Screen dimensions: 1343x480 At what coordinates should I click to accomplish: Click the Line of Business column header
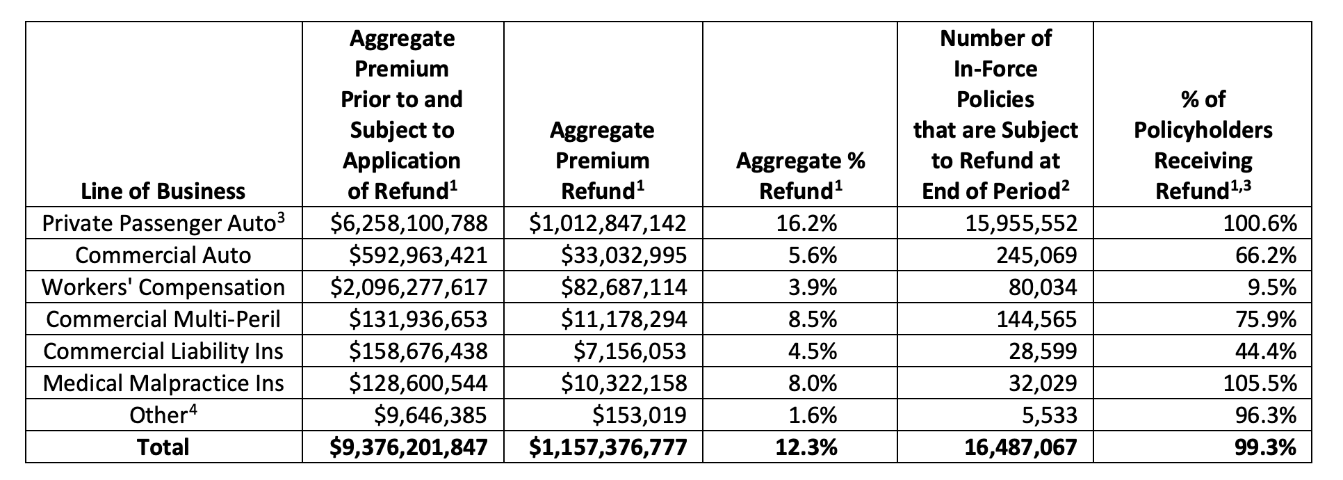pyautogui.click(x=163, y=191)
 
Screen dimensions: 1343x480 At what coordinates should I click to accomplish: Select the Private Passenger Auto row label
pyautogui.click(x=163, y=223)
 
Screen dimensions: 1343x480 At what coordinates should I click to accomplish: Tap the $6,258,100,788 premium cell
pyautogui.click(x=409, y=223)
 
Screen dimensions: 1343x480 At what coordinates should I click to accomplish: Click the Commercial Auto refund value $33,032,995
pyautogui.click(x=624, y=255)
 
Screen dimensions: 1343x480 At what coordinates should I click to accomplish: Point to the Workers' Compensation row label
pyautogui.click(x=163, y=287)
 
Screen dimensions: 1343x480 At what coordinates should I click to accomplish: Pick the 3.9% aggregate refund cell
pyautogui.click(x=813, y=287)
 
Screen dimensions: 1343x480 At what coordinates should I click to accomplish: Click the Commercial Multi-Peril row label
pyautogui.click(x=163, y=319)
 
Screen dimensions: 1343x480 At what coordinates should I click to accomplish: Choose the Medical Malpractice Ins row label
pyautogui.click(x=163, y=383)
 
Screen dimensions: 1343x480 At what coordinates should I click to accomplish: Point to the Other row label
pyautogui.click(x=158, y=415)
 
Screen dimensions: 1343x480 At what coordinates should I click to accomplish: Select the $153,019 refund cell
pyautogui.click(x=639, y=415)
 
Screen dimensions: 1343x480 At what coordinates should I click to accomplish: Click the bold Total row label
pyautogui.click(x=163, y=447)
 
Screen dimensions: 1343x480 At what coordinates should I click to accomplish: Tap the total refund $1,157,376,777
pyautogui.click(x=608, y=447)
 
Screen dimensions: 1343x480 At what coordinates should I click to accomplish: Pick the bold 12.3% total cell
pyautogui.click(x=813, y=447)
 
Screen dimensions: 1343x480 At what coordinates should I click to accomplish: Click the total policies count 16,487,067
pyautogui.click(x=1022, y=447)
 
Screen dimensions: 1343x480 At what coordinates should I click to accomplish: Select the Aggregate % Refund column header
pyautogui.click(x=800, y=175)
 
